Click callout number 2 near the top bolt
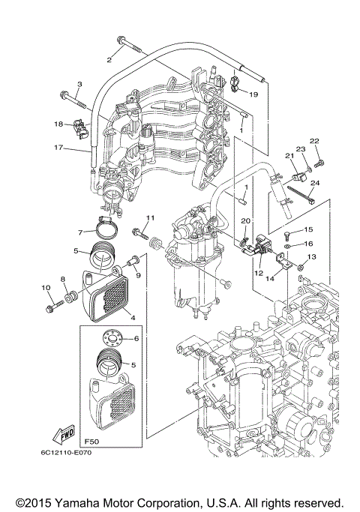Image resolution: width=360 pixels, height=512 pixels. (109, 59)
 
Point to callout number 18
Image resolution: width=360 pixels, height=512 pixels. (58, 124)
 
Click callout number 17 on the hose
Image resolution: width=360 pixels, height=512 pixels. (58, 148)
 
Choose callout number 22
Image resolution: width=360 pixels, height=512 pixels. (315, 140)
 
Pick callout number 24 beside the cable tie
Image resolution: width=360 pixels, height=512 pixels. (315, 183)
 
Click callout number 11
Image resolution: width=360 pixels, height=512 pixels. (150, 217)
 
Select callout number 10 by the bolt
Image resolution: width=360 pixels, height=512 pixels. (45, 288)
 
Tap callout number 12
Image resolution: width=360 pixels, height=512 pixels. (259, 273)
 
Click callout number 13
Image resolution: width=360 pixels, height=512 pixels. (312, 257)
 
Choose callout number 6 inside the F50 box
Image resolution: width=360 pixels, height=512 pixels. (136, 339)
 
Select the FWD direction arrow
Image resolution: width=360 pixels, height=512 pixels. (64, 435)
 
